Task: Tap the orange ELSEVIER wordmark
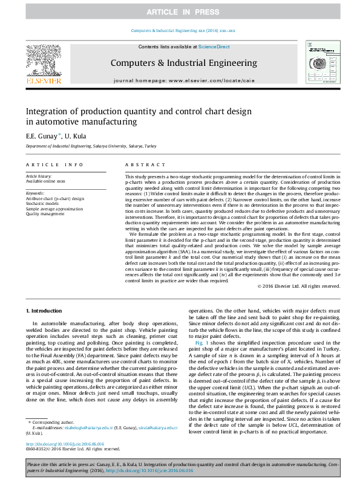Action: (x=43, y=79)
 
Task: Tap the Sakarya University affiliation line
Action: (x=91, y=146)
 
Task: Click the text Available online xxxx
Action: (x=45, y=181)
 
